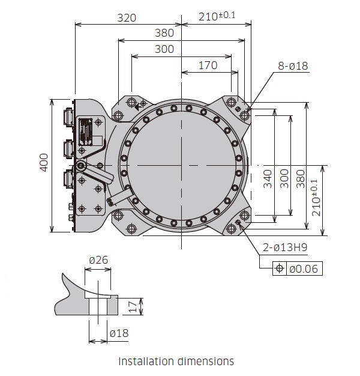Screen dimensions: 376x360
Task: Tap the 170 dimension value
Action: (x=208, y=65)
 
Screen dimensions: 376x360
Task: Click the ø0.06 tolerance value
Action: (x=304, y=268)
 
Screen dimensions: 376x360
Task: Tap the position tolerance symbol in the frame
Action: (x=279, y=268)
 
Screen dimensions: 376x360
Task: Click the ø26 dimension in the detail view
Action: (x=98, y=260)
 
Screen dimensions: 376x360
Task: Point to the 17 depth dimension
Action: (x=133, y=306)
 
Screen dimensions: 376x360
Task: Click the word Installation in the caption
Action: (x=146, y=361)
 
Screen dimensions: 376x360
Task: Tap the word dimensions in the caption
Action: (x=206, y=361)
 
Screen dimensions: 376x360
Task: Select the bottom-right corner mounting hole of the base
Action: (x=244, y=216)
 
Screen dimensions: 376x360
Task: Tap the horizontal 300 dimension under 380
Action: (x=164, y=49)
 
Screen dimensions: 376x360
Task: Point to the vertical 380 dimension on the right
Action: (x=301, y=178)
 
